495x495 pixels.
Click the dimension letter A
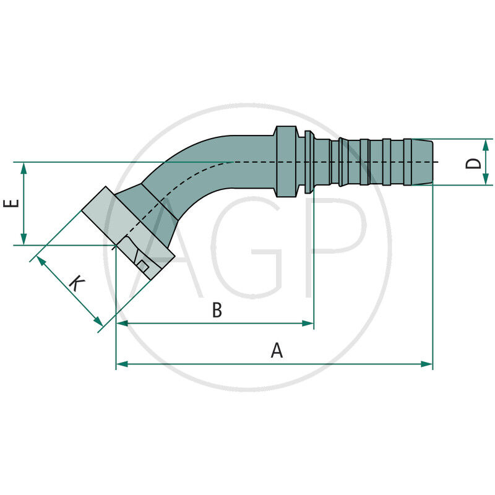[x=277, y=351]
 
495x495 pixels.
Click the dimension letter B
[x=217, y=310]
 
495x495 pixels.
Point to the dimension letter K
[x=76, y=284]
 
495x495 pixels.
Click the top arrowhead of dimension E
[x=24, y=168]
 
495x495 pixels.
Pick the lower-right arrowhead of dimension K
[x=98, y=321]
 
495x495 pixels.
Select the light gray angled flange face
[x=99, y=210]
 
